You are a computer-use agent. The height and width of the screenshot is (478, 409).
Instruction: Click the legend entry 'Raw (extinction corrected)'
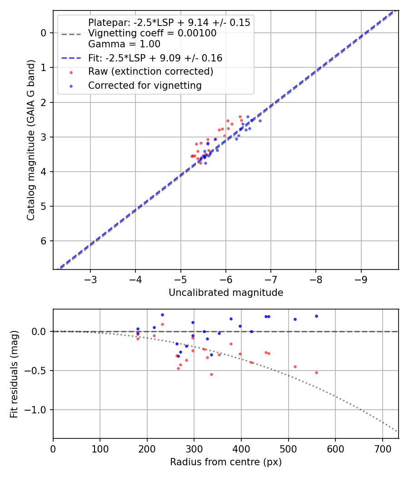click(150, 71)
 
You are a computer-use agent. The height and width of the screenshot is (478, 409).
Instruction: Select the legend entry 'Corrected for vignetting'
click(145, 85)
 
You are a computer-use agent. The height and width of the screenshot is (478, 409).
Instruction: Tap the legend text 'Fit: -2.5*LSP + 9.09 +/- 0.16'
click(155, 58)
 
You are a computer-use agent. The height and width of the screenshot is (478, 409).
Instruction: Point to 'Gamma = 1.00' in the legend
click(124, 44)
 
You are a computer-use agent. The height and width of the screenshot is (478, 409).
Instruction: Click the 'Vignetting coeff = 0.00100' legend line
click(152, 33)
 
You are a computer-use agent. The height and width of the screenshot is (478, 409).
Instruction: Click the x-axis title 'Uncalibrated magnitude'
click(226, 293)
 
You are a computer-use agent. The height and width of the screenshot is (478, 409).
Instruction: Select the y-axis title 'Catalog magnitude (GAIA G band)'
click(30, 140)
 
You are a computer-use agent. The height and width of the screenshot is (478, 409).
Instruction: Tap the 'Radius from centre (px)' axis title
click(226, 462)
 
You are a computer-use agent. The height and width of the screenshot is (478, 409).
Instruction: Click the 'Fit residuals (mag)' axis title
click(14, 374)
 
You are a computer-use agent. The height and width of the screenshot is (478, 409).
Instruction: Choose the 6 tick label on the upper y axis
click(44, 241)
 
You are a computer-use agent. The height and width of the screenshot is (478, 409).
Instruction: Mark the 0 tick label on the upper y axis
click(44, 33)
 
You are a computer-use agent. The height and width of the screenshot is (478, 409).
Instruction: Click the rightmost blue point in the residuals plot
click(316, 316)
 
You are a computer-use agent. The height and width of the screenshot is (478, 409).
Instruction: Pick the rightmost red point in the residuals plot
click(316, 372)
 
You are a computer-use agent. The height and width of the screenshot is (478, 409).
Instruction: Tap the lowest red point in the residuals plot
click(211, 374)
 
